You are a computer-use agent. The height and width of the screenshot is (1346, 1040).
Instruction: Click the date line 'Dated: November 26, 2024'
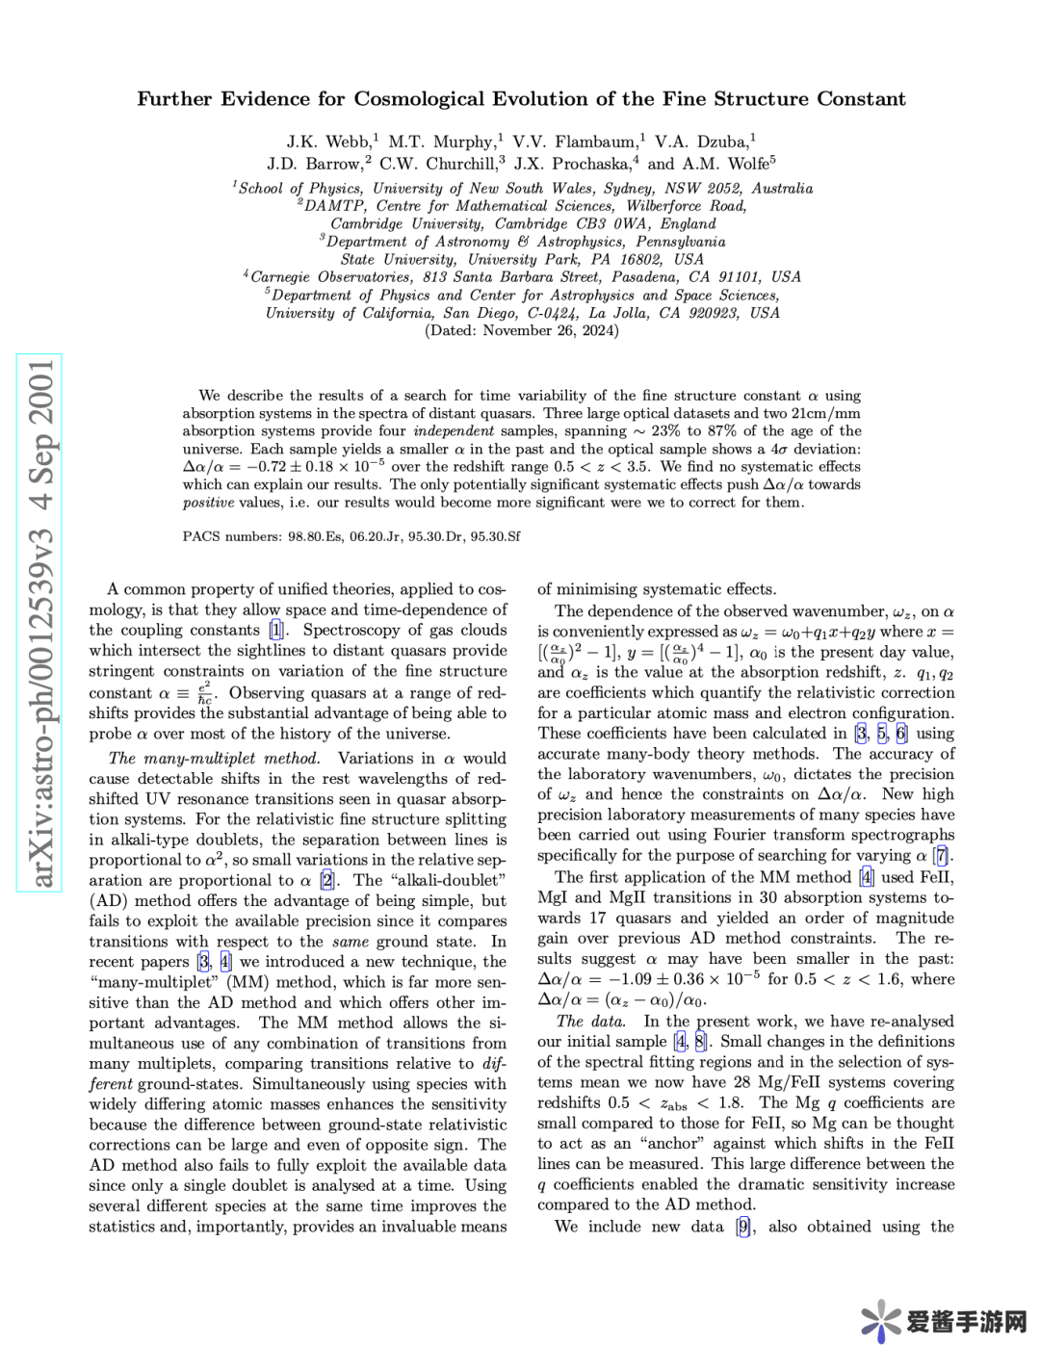(521, 330)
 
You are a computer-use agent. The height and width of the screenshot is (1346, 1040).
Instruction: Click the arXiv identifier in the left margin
(39, 623)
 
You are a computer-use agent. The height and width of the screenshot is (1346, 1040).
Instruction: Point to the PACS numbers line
(351, 536)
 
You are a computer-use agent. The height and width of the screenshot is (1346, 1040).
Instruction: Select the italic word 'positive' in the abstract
(208, 502)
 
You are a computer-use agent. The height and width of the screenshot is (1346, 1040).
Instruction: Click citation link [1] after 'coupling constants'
(276, 630)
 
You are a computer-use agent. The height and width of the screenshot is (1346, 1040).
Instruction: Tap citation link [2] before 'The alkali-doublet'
(328, 880)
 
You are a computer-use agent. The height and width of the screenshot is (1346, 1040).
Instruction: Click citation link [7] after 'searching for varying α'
(942, 855)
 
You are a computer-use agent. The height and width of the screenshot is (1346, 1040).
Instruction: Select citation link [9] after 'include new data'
(743, 1227)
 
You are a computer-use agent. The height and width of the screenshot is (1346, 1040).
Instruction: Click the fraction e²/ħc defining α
(204, 693)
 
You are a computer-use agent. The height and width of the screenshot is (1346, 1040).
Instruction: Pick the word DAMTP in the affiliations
(334, 205)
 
